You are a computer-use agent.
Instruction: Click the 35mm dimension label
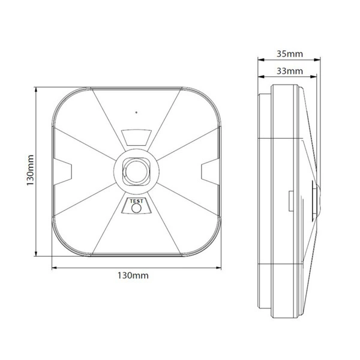(290, 53)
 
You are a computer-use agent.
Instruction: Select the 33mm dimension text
(290, 71)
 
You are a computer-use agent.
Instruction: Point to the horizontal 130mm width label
(133, 276)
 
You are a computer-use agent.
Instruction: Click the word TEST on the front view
(137, 202)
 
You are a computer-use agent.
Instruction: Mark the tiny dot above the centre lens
(137, 112)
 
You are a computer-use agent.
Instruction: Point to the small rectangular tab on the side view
(290, 200)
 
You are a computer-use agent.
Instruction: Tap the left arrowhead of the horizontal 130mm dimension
(54, 266)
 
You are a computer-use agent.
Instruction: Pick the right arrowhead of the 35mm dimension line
(321, 60)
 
